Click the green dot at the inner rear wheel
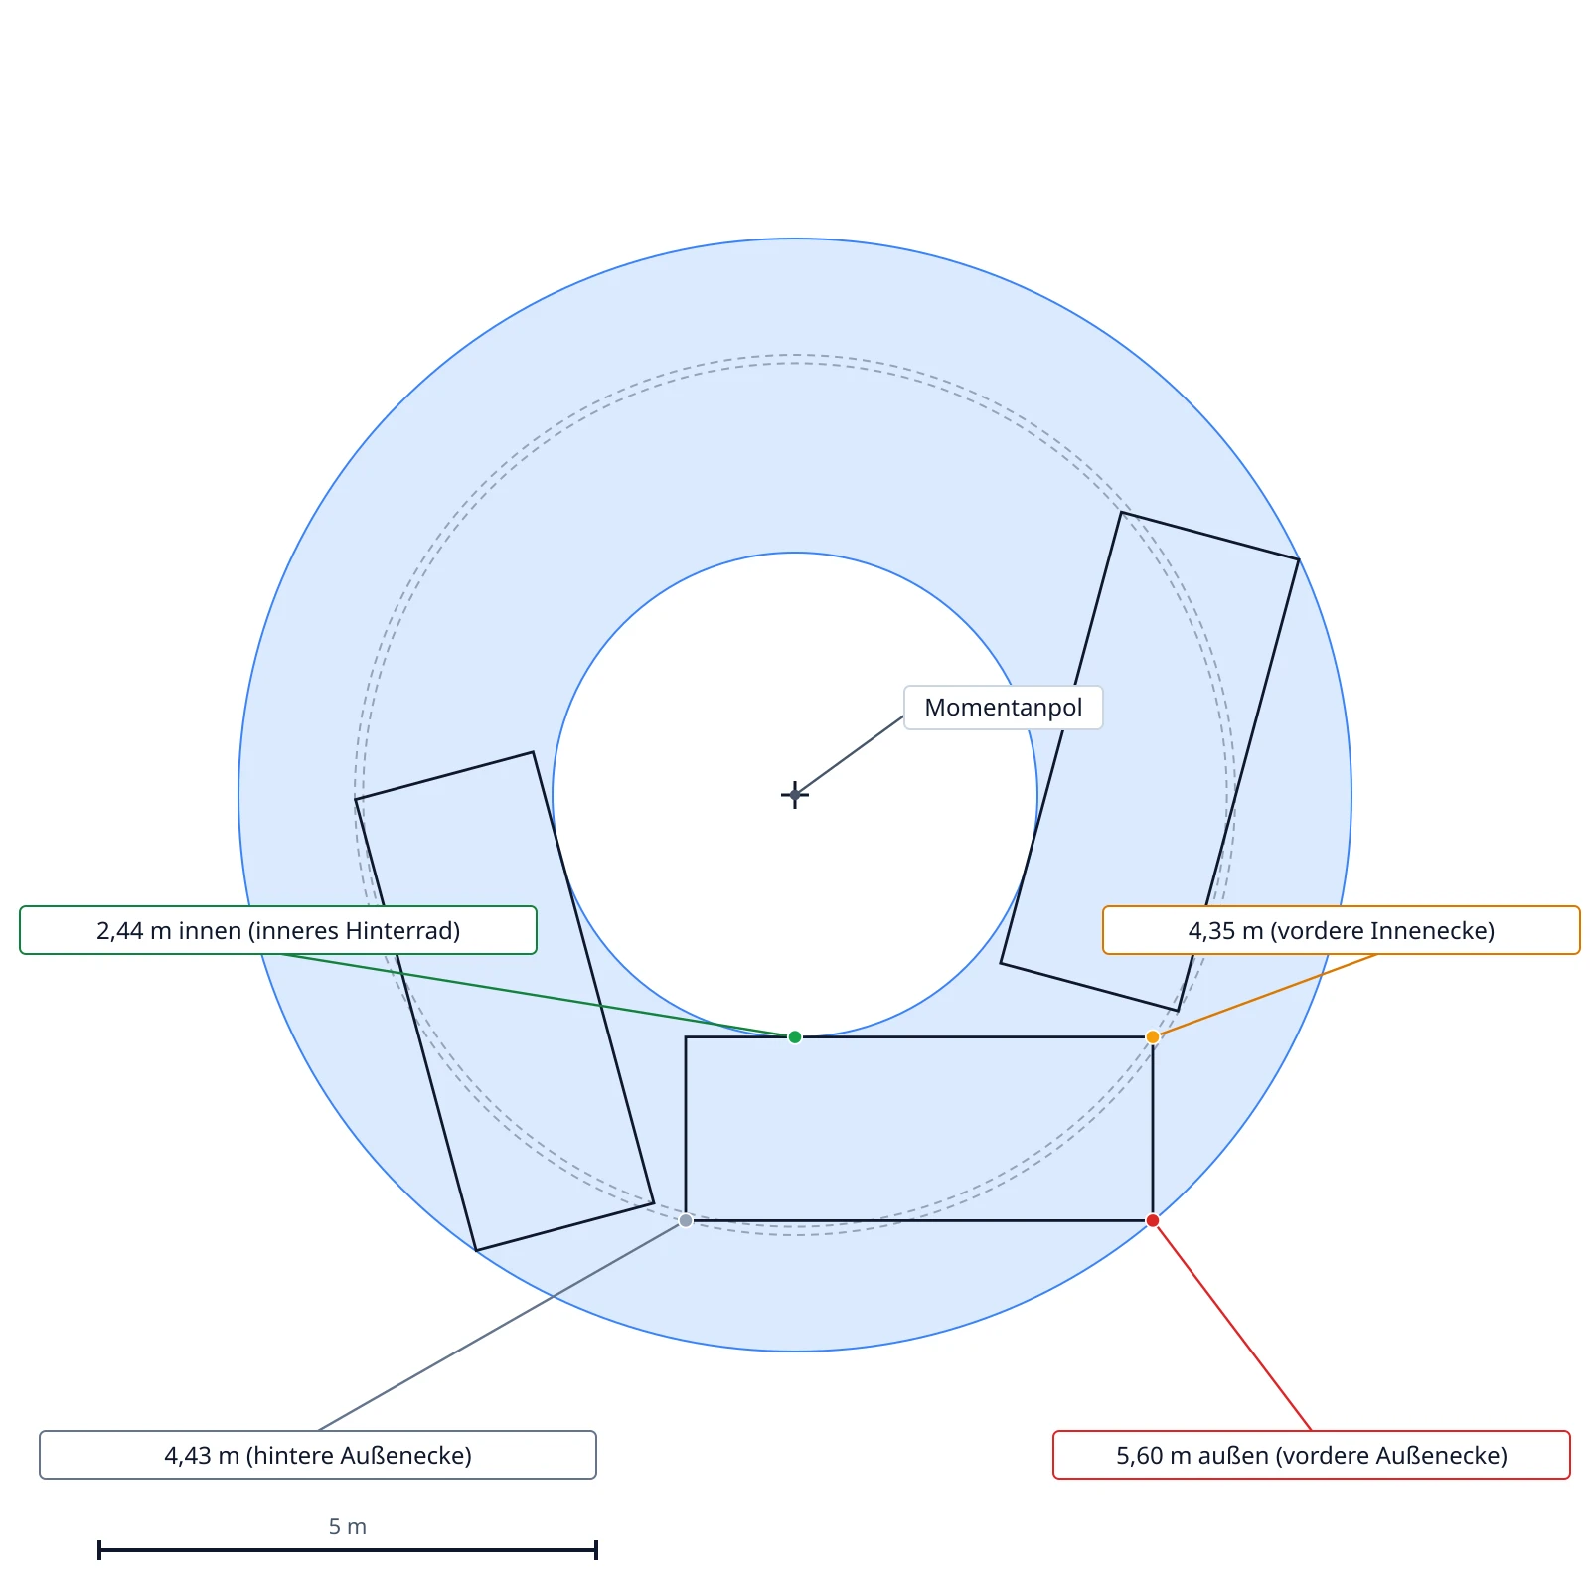pyautogui.click(x=795, y=1037)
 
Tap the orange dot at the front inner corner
pyautogui.click(x=1153, y=1037)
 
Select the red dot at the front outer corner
pyautogui.click(x=1153, y=1220)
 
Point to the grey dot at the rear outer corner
pyautogui.click(x=686, y=1220)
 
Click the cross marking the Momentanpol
pyautogui.click(x=795, y=795)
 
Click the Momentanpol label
pyautogui.click(x=1004, y=708)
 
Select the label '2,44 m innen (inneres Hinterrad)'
pyautogui.click(x=278, y=930)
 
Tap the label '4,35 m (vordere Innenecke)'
pyautogui.click(x=1342, y=930)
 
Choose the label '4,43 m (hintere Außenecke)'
pyautogui.click(x=318, y=1455)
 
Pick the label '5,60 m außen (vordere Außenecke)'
pyautogui.click(x=1312, y=1455)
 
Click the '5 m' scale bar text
pyautogui.click(x=348, y=1526)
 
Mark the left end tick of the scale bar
pyautogui.click(x=99, y=1549)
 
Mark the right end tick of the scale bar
pyautogui.click(x=596, y=1549)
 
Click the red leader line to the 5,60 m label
pyautogui.click(x=1232, y=1326)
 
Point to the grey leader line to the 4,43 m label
pyautogui.click(x=502, y=1326)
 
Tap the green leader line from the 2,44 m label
pyautogui.click(x=537, y=996)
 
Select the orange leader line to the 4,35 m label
pyautogui.click(x=1264, y=996)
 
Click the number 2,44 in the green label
pyautogui.click(x=120, y=931)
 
